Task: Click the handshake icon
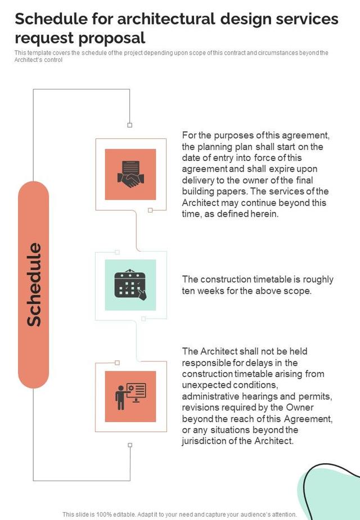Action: click(x=130, y=174)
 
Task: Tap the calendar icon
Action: click(x=130, y=285)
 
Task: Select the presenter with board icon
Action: click(x=130, y=396)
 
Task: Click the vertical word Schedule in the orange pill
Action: click(x=34, y=284)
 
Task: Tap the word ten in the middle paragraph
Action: click(x=190, y=291)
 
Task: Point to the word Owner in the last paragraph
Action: click(x=316, y=407)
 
